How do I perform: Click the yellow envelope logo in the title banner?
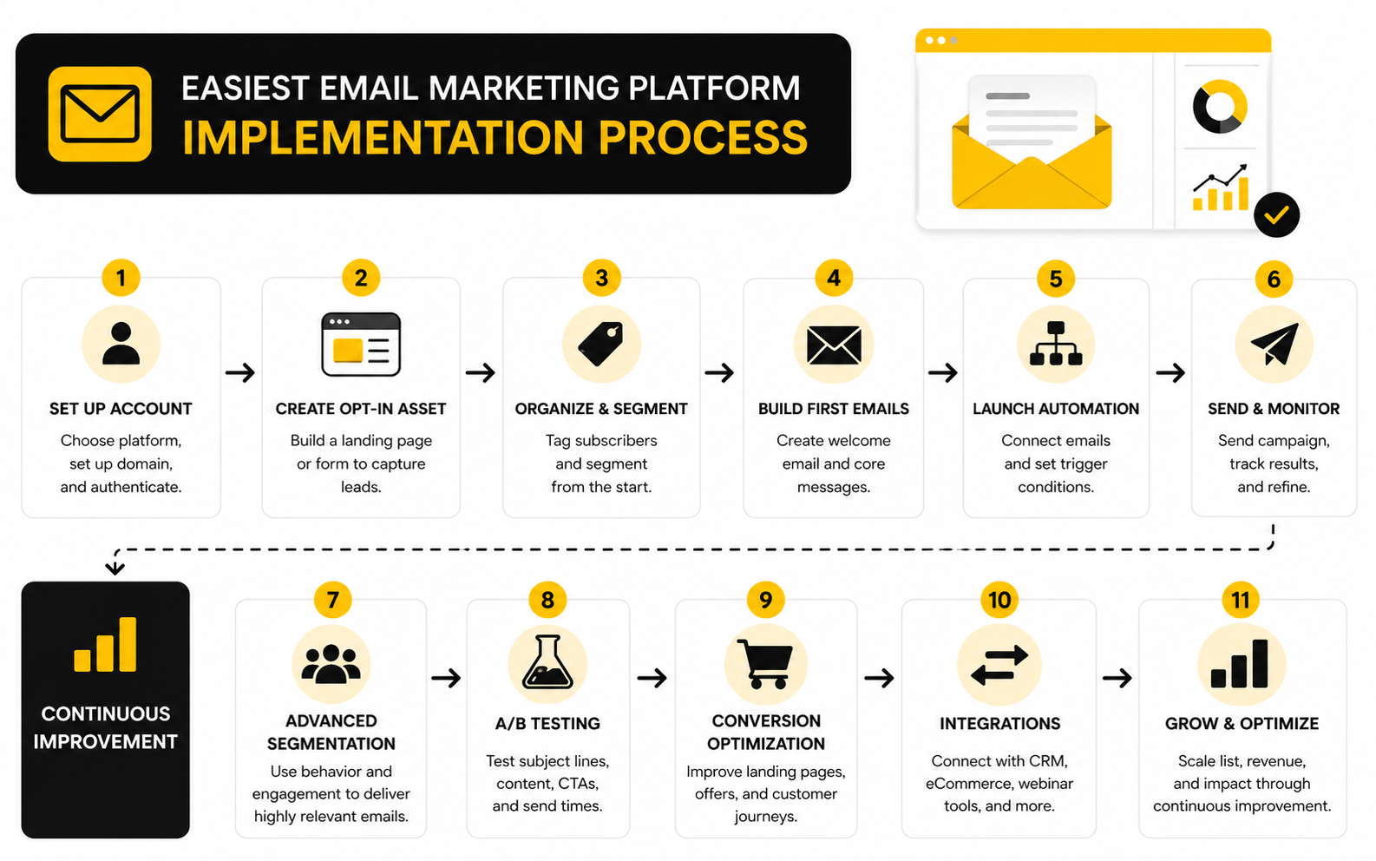(100, 115)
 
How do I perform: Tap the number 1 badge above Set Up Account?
(121, 278)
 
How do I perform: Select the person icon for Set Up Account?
(121, 344)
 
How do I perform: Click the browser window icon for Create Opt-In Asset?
(361, 345)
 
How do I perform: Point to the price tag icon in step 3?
(600, 344)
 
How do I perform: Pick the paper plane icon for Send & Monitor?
(1274, 344)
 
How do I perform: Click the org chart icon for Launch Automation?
(1056, 344)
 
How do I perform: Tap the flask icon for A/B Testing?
(547, 662)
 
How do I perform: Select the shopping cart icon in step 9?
(765, 664)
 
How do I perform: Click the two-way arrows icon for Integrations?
(999, 665)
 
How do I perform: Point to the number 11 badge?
(1241, 600)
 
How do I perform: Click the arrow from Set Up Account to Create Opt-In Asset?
(240, 372)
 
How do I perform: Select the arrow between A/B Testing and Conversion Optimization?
(652, 679)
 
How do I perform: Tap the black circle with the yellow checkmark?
(1276, 214)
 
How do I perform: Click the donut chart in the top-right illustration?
(1220, 106)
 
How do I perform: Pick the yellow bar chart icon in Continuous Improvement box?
(105, 644)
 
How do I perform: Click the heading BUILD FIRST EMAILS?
(834, 409)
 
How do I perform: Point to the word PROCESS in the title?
(703, 137)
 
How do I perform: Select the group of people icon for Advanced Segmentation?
(331, 664)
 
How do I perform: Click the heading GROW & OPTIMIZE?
(1242, 723)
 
